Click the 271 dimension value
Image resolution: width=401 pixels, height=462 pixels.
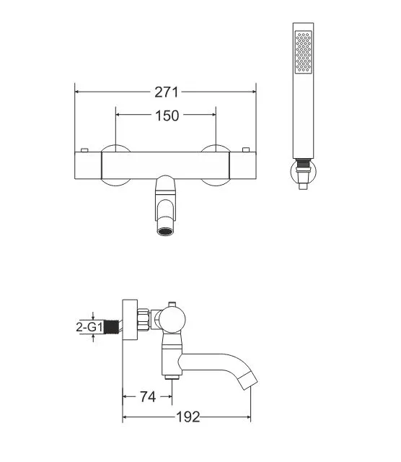point(167,92)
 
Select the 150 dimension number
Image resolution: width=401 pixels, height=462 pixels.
point(167,115)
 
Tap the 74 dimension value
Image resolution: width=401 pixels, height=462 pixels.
point(148,396)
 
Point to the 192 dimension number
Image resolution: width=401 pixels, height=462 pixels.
point(188,417)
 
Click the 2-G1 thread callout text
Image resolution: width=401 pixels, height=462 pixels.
point(89,327)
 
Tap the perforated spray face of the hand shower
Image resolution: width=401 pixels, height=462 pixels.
point(303,52)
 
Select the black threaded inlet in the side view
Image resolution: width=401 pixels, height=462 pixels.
point(112,327)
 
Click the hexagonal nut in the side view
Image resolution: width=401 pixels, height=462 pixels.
point(144,320)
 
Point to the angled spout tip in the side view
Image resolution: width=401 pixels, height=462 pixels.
point(247,380)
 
